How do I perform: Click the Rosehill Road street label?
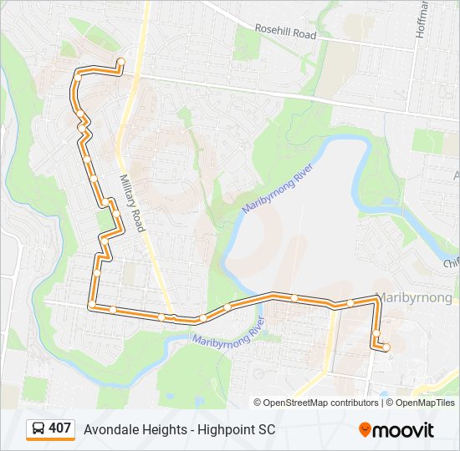(287, 33)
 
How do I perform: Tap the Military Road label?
(132, 203)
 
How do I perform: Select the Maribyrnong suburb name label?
(416, 297)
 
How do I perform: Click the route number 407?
(59, 428)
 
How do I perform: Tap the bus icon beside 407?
(38, 429)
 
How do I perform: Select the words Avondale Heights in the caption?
(131, 429)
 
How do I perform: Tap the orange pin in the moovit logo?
(365, 430)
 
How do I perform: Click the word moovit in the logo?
(404, 430)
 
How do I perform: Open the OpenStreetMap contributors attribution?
(321, 403)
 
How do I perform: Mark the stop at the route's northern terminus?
(121, 61)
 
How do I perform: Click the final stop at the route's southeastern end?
(386, 347)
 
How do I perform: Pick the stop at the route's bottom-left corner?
(92, 306)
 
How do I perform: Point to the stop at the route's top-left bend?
(78, 74)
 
